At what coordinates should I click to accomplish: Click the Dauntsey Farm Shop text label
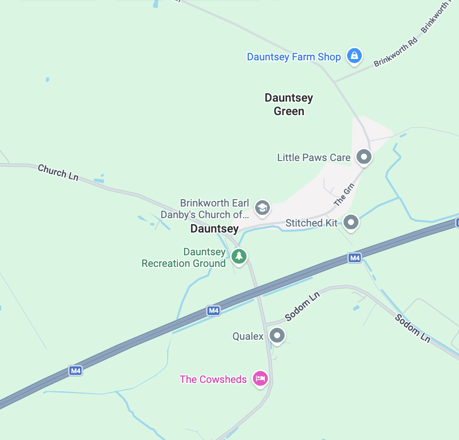coord(294,57)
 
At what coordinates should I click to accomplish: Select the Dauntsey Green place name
coord(289,104)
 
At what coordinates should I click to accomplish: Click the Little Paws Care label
coord(314,158)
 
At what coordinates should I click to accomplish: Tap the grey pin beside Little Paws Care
coord(364,157)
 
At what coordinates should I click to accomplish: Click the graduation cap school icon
coord(262,207)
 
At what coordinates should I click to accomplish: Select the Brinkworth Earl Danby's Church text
coord(208,209)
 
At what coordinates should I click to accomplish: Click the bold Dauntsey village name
coord(214,229)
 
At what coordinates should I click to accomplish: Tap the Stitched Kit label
coord(311,223)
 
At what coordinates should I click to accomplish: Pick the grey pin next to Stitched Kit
coord(351,222)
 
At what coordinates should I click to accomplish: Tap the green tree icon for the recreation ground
coord(239,256)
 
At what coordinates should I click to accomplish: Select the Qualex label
coord(248,336)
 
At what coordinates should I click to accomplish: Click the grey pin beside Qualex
coord(277,335)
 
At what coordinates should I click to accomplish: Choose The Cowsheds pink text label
coord(213,379)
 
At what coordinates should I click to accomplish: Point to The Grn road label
coord(344,195)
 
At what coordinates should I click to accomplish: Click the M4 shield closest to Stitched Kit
coord(354,258)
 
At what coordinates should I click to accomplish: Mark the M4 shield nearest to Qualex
coord(213,311)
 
